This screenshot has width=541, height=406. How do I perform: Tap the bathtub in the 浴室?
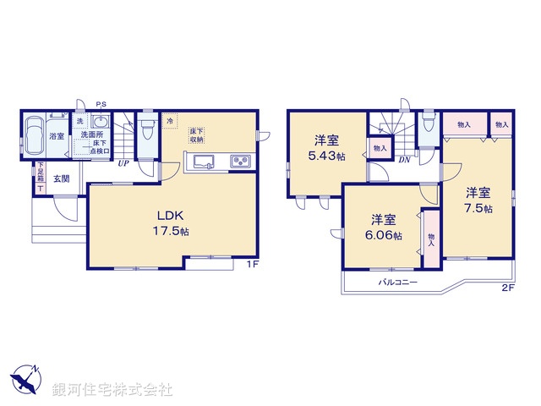pyautogui.click(x=36, y=135)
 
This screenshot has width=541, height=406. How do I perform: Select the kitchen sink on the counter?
pyautogui.click(x=204, y=162)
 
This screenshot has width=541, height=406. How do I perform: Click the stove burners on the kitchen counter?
pyautogui.click(x=237, y=162)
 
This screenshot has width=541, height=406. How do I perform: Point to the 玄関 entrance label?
pyautogui.click(x=62, y=178)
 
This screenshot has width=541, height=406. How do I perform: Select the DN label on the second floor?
pyautogui.click(x=404, y=160)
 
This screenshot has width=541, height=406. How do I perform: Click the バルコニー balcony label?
pyautogui.click(x=398, y=282)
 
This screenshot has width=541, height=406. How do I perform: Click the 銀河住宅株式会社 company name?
pyautogui.click(x=112, y=390)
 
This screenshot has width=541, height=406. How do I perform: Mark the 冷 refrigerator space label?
pyautogui.click(x=170, y=121)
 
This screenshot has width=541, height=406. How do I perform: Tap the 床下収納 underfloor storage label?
pyautogui.click(x=197, y=135)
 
